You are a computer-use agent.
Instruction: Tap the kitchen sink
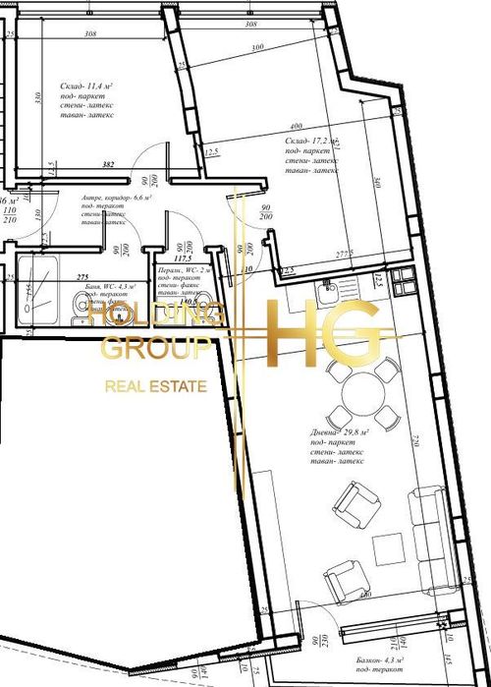point(331,287)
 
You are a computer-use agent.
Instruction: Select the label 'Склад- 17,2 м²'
point(317,143)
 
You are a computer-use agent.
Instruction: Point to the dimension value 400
point(295,127)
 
